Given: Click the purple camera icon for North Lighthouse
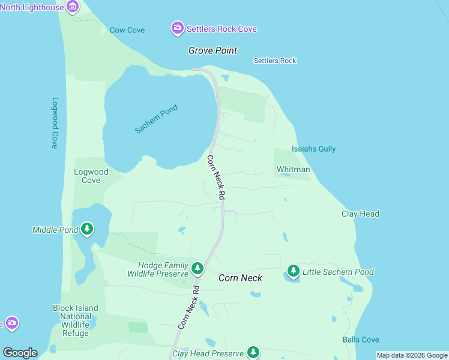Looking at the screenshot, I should pyautogui.click(x=73, y=7).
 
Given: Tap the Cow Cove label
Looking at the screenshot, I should pyautogui.click(x=127, y=30).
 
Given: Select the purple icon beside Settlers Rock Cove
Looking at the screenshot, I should pyautogui.click(x=177, y=28).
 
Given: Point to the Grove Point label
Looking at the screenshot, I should pyautogui.click(x=212, y=50).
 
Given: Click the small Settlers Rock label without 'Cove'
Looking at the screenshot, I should pyautogui.click(x=275, y=61).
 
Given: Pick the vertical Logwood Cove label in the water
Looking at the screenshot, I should pyautogui.click(x=55, y=123).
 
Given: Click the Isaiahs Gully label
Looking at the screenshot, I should pyautogui.click(x=313, y=149).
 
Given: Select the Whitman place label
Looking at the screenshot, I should pyautogui.click(x=293, y=170).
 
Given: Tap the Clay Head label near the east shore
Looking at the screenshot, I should pyautogui.click(x=360, y=214).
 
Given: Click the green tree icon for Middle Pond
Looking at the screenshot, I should pyautogui.click(x=87, y=229).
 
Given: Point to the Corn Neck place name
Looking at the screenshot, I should pyautogui.click(x=240, y=278).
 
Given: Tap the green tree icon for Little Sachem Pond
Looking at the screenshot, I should pyautogui.click(x=293, y=271).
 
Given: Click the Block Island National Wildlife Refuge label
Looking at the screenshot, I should pyautogui.click(x=76, y=320).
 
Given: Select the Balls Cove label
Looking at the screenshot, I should pyautogui.click(x=360, y=340).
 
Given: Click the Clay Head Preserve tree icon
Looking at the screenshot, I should pyautogui.click(x=253, y=352).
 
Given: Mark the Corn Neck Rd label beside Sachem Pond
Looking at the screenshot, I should pyautogui.click(x=216, y=178).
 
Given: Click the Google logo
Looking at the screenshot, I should pyautogui.click(x=20, y=353).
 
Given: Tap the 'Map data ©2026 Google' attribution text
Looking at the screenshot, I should pyautogui.click(x=412, y=355).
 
